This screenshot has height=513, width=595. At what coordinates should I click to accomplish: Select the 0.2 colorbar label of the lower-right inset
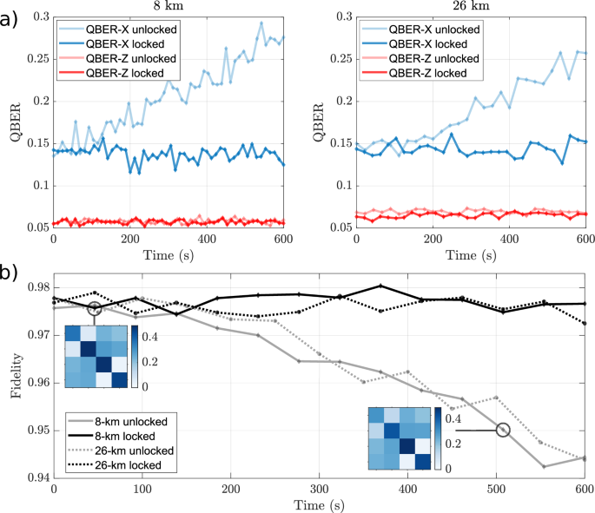coord(450,443)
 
